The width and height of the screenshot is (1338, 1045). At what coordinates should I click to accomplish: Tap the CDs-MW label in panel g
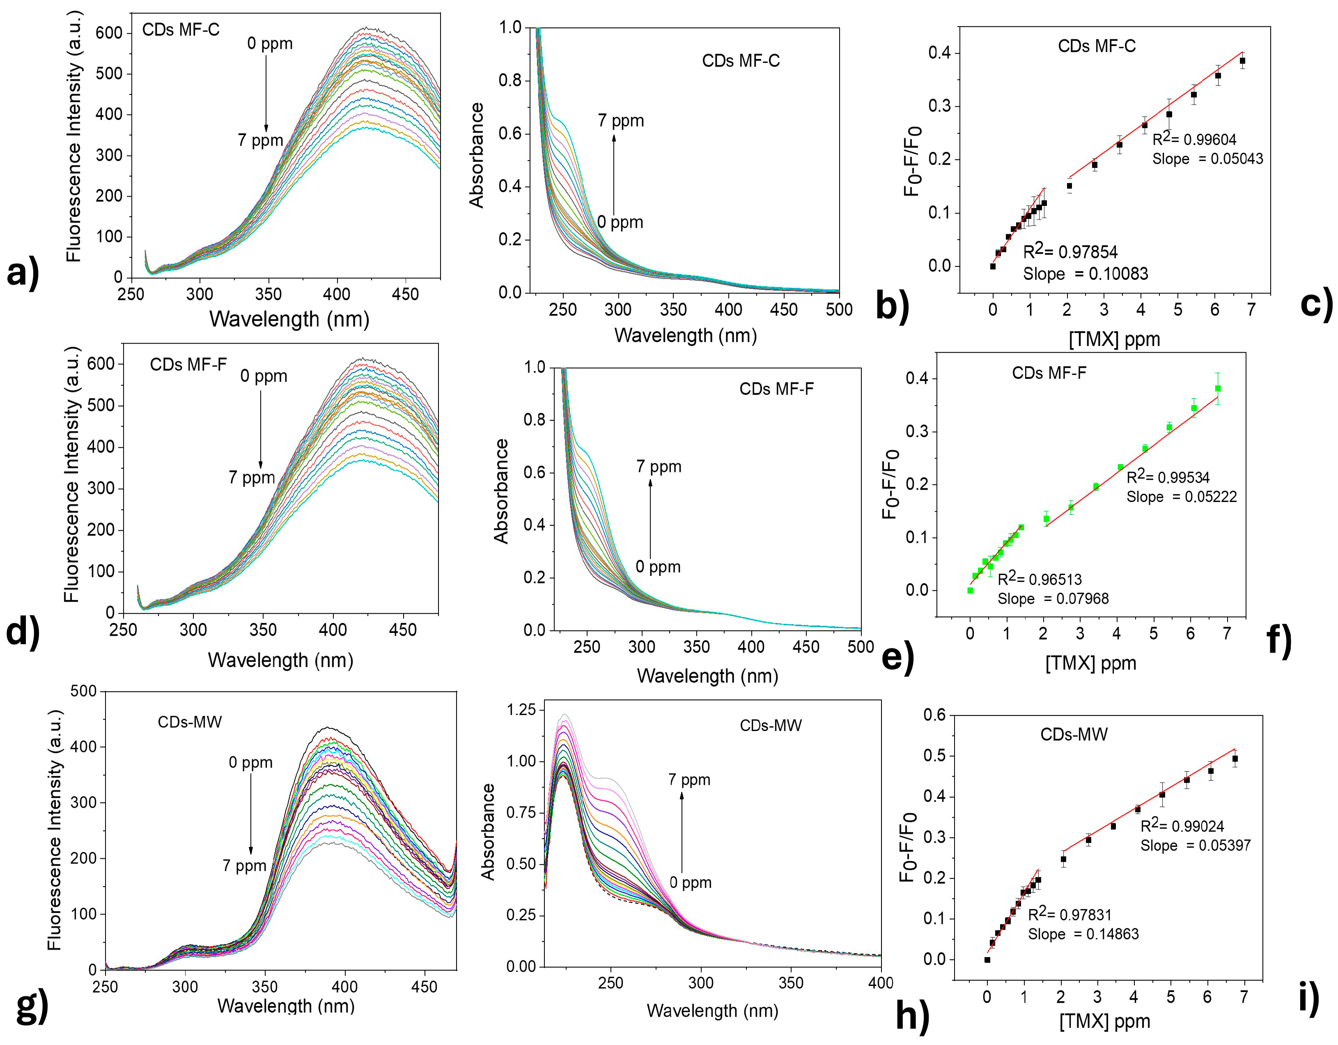pos(189,722)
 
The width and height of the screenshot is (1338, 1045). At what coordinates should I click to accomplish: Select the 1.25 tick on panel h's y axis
pos(521,710)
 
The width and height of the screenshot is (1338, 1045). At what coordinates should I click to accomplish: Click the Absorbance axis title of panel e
pos(501,491)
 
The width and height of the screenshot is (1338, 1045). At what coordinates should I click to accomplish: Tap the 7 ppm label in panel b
pos(621,121)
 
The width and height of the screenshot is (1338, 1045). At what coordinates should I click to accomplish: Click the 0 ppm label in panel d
pos(264,376)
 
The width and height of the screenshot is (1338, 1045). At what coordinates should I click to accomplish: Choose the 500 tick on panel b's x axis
pos(839,310)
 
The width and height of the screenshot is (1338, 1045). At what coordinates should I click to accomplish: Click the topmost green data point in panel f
pos(1218,388)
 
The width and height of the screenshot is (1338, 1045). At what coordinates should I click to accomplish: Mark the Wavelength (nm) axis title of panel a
pos(289,319)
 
